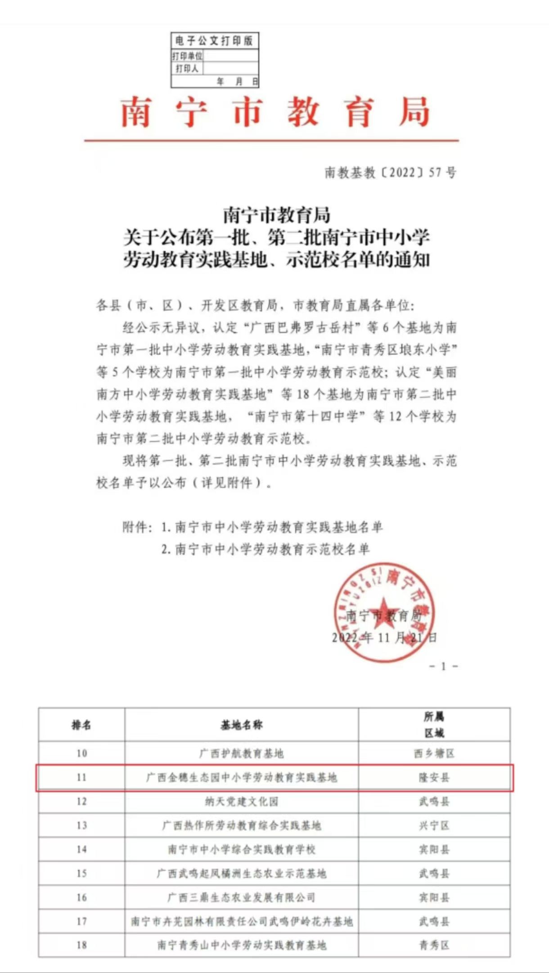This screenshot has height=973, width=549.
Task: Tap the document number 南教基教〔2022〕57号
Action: [x=390, y=172]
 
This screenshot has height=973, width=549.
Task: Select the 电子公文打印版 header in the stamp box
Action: [x=215, y=41]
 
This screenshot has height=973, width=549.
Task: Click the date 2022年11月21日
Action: [x=384, y=638]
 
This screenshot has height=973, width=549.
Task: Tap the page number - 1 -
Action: [x=443, y=666]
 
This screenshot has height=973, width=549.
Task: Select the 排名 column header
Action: [x=81, y=725]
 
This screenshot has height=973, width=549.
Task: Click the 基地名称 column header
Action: [x=242, y=725]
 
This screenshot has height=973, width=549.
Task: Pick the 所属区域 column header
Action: [x=434, y=724]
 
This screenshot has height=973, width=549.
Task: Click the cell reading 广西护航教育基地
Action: [x=242, y=753]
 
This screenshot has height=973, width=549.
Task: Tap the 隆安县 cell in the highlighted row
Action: [x=434, y=778]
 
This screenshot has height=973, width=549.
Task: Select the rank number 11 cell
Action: [x=81, y=778]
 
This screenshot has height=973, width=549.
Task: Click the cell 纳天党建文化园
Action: [x=242, y=801]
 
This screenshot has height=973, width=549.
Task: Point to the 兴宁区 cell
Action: [x=434, y=825]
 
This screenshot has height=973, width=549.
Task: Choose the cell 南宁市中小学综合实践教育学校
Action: [x=242, y=850]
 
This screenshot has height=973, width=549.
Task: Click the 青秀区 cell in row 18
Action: [x=434, y=945]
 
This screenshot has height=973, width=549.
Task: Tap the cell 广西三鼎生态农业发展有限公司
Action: [x=242, y=897]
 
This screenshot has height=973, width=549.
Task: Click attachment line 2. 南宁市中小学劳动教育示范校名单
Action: [x=265, y=549]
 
